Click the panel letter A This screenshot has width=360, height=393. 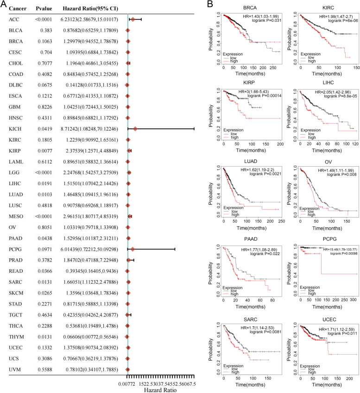[4, 4]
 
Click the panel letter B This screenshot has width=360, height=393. [209, 4]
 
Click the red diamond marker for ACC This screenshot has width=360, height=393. [133, 19]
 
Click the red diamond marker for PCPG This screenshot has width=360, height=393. [133, 249]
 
